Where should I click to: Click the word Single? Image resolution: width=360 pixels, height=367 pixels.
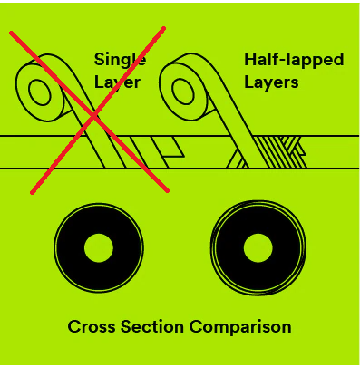[x=121, y=61]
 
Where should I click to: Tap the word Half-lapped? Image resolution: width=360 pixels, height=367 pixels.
[x=294, y=61]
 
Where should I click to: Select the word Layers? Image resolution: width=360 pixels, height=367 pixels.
[x=271, y=82]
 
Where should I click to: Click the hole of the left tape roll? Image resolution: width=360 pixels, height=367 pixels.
[x=40, y=92]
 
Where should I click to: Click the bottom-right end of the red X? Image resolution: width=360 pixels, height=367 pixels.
[x=167, y=190]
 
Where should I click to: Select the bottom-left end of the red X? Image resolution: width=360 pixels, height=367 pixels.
[x=32, y=192]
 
